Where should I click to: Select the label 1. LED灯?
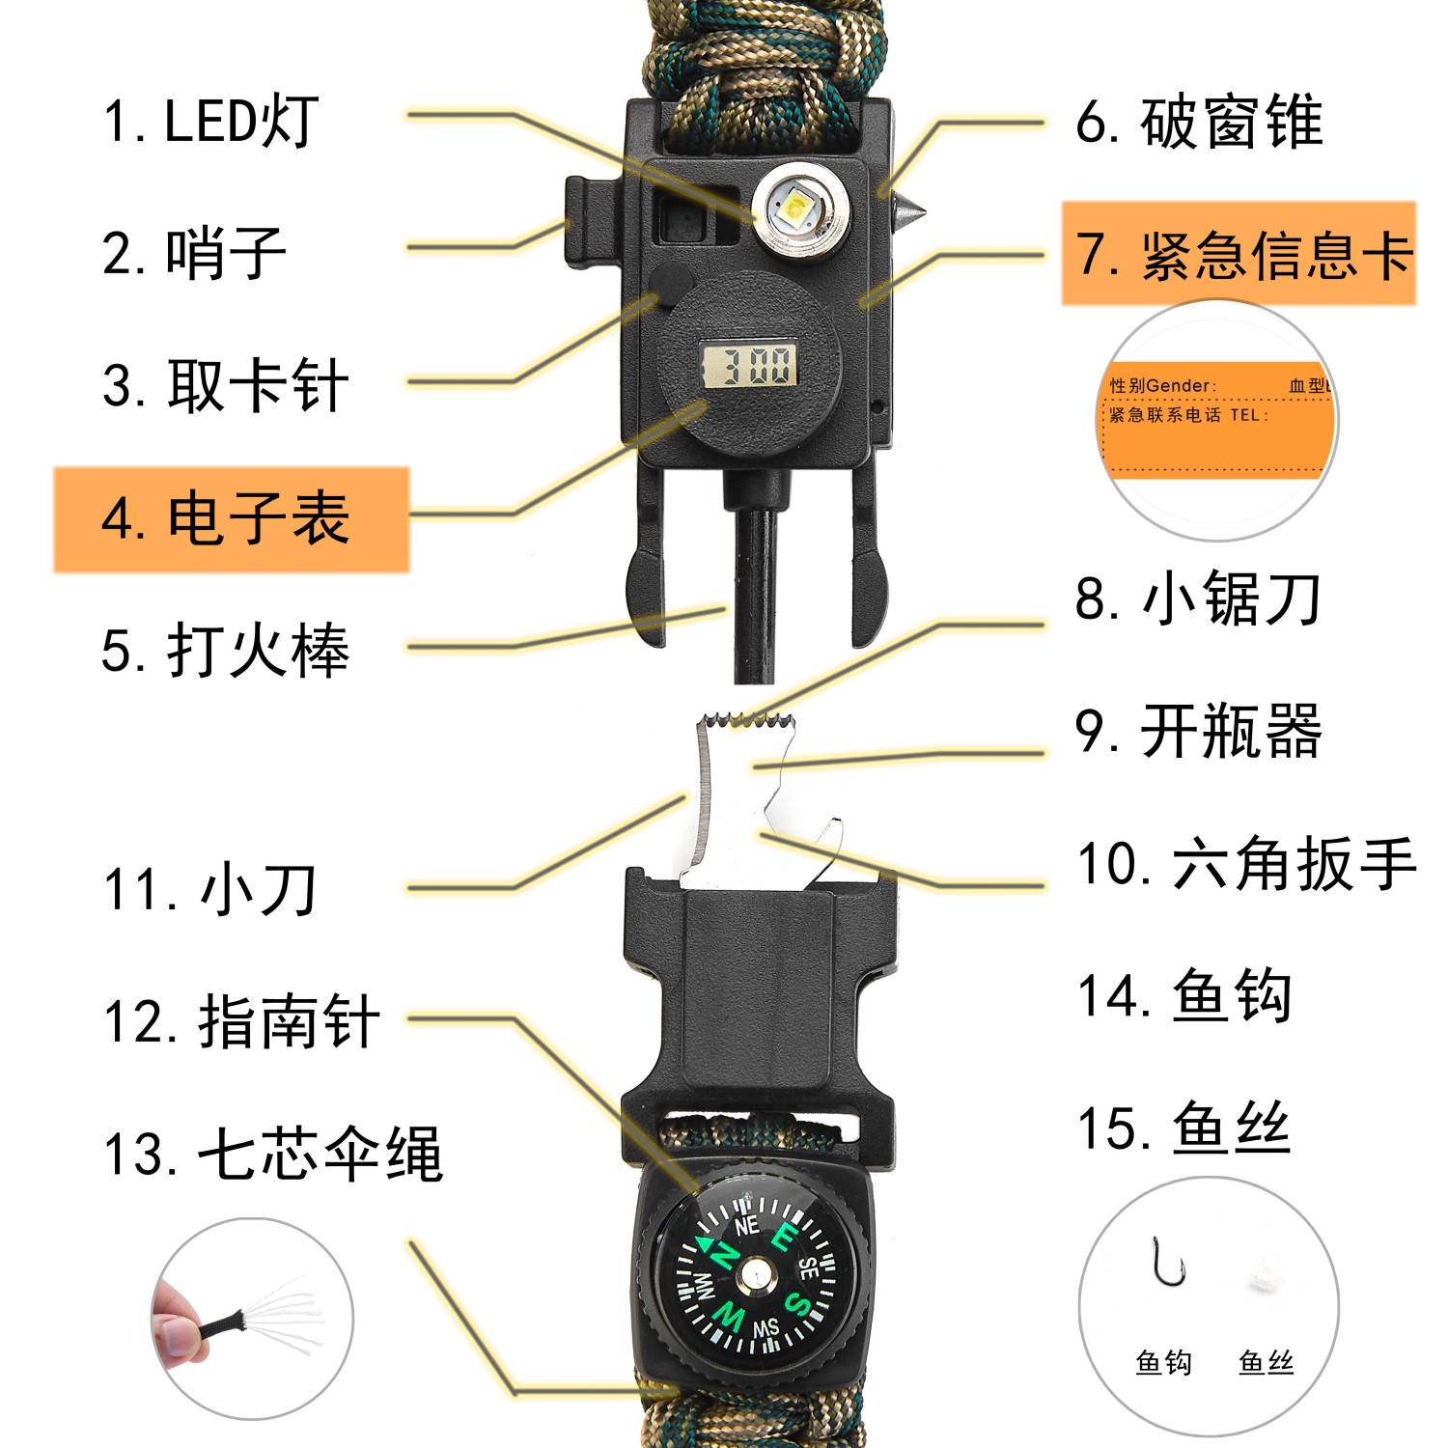(x=210, y=122)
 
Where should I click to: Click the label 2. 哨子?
(x=194, y=253)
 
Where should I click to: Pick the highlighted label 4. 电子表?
(x=230, y=518)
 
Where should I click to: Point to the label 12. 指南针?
(x=241, y=1021)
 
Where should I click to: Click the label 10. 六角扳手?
(x=1246, y=862)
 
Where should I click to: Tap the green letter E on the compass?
(x=786, y=1236)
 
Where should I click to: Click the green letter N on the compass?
(x=721, y=1255)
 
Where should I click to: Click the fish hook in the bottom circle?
(x=1167, y=1263)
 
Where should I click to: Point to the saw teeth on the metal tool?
(x=745, y=720)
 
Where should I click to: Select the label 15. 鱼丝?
(x=1183, y=1128)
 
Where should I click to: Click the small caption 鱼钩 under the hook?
(x=1163, y=1362)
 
